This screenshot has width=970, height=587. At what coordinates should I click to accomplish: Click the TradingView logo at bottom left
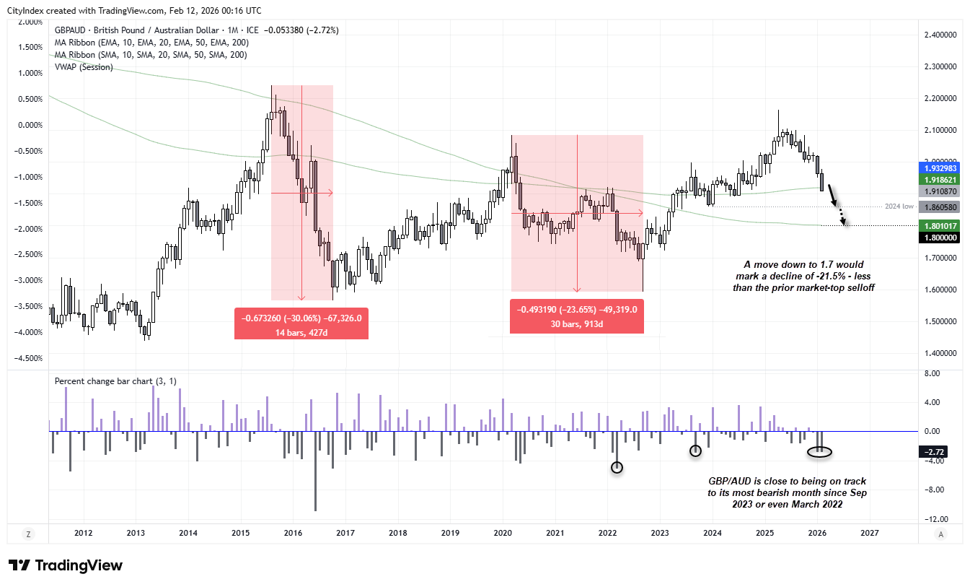point(66,565)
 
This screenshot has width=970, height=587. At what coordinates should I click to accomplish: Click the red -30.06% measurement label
point(301,323)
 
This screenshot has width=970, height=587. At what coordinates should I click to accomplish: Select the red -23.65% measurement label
point(576,317)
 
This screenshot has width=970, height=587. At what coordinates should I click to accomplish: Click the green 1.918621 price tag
point(938,179)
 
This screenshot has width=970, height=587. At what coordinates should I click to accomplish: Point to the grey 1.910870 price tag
point(938,191)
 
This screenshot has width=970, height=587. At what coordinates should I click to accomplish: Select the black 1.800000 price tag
point(938,237)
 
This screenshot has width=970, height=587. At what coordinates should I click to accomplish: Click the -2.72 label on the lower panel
point(938,451)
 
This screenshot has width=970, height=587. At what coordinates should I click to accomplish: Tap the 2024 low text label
point(899,206)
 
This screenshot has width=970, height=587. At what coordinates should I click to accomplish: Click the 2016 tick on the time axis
point(293,534)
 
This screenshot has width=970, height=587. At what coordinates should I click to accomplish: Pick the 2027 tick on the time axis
point(870,534)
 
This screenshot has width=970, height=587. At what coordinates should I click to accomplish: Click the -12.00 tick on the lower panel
point(933,519)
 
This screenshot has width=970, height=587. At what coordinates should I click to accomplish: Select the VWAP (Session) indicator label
point(84,67)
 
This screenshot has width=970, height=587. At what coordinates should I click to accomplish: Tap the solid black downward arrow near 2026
point(833,196)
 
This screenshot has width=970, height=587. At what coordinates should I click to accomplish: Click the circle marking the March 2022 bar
point(617,467)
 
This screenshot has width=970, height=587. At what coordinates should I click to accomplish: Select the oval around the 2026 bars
point(819,452)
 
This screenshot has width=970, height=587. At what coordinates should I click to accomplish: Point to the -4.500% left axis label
point(29,358)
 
